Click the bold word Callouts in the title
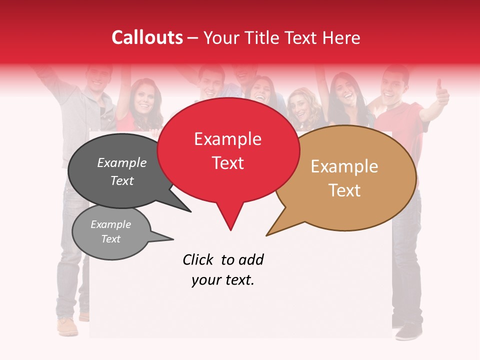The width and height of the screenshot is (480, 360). (x=147, y=37)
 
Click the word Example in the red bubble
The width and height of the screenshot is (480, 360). (x=227, y=139)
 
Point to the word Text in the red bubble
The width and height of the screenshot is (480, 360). (x=227, y=163)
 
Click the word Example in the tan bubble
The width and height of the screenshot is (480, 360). (x=344, y=166)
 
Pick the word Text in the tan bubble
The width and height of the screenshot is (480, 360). (x=344, y=190)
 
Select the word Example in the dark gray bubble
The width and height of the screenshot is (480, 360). (x=121, y=163)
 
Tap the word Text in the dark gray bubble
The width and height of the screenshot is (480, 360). (x=121, y=180)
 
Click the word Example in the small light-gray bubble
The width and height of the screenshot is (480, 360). (x=110, y=224)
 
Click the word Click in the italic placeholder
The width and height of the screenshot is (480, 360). (x=197, y=260)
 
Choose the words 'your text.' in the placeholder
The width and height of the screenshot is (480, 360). (x=222, y=280)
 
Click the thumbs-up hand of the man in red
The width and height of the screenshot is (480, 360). (x=442, y=91)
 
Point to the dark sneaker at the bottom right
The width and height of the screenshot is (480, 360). (x=409, y=330)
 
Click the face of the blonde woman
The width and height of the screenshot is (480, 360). (x=301, y=106)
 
